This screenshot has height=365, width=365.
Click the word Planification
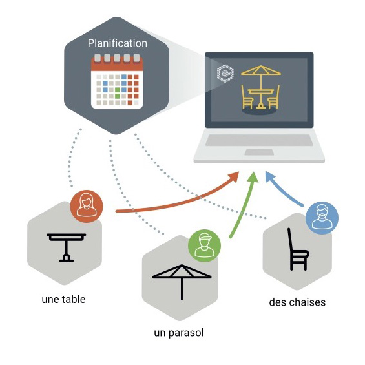(x=118, y=43)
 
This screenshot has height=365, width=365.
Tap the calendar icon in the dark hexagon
(x=117, y=81)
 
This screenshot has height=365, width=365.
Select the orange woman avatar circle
(x=87, y=206)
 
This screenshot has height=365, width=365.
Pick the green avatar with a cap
(x=204, y=245)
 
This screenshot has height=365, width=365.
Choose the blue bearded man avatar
(x=322, y=218)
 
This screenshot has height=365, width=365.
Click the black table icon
(x=67, y=247)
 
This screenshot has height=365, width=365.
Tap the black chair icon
(x=298, y=249)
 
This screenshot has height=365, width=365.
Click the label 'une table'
(x=63, y=299)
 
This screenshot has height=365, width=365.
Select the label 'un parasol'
(x=179, y=333)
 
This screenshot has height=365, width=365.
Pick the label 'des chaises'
(x=297, y=302)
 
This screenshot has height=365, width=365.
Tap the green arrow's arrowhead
(x=253, y=178)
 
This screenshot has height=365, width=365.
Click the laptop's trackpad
(x=259, y=152)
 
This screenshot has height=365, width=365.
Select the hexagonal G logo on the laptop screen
(x=225, y=74)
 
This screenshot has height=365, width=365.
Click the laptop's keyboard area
(x=259, y=140)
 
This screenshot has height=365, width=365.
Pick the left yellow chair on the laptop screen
(x=247, y=97)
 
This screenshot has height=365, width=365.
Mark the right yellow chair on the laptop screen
(x=274, y=97)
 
